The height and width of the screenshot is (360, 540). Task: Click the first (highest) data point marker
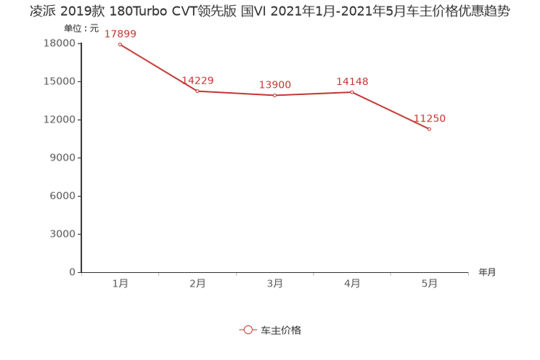coord(120,44)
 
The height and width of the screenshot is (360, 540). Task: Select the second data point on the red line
coord(197,91)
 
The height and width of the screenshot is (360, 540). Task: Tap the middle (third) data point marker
coord(274,96)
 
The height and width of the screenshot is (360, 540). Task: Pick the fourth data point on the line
coord(352,92)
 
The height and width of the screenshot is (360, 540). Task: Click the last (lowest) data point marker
coord(430,129)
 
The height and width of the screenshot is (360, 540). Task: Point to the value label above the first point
coord(120,33)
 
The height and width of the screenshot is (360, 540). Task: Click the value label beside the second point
coord(197,80)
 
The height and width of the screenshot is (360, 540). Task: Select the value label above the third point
coord(275,85)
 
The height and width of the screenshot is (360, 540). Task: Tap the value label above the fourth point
coord(353,81)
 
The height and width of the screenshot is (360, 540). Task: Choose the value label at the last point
coord(430,118)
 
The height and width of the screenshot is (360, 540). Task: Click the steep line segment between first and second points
coord(158,67)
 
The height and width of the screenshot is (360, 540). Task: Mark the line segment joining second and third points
coord(235,94)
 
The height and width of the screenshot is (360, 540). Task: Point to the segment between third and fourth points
coord(313,94)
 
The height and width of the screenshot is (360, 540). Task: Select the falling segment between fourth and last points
coord(390,110)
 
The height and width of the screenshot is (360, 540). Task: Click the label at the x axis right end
coord(487,273)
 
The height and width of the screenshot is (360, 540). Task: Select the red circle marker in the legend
coord(248,330)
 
